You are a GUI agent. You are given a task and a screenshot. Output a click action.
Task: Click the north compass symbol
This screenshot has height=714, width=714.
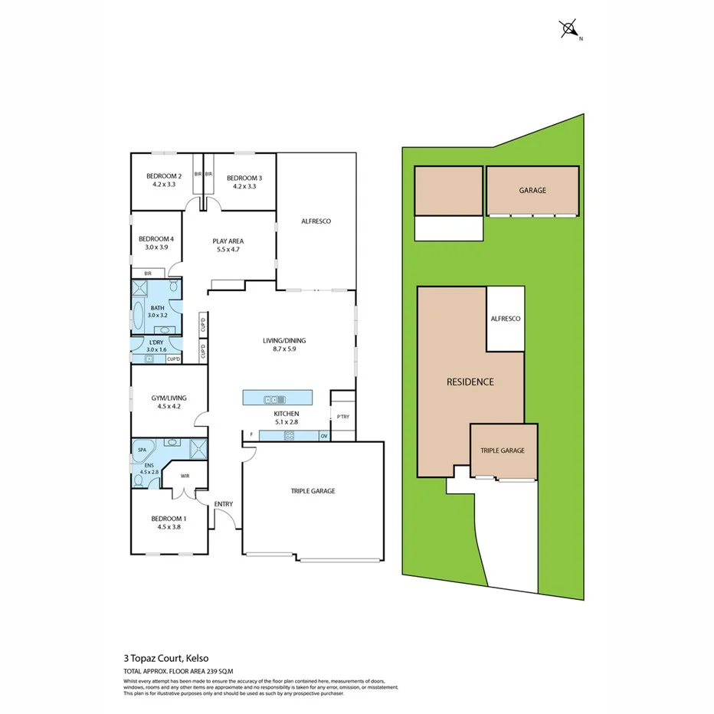569,30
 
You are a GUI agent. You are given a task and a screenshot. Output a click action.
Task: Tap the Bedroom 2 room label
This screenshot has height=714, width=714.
163,176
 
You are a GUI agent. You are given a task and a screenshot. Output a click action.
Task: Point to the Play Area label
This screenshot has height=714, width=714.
228,241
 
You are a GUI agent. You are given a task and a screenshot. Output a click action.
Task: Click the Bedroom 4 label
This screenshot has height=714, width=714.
156,238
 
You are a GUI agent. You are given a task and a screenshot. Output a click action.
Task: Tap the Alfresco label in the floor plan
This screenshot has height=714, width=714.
316,221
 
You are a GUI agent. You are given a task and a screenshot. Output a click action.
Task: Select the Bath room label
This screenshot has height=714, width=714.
156,308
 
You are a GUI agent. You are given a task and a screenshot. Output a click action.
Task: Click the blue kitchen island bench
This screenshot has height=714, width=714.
277,398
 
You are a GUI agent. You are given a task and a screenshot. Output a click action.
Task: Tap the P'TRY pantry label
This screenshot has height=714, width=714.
342,417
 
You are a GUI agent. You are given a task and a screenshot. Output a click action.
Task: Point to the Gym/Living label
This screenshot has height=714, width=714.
168,398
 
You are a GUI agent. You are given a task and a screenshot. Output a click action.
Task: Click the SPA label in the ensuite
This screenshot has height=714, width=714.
142,450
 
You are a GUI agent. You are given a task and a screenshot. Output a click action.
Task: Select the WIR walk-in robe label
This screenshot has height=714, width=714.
185,476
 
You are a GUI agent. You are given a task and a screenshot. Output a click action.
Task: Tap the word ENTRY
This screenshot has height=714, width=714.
224,503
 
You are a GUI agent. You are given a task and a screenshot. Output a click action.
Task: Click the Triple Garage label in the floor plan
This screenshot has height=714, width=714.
313,491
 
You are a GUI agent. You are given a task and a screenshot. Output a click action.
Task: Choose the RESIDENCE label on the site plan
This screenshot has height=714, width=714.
470,382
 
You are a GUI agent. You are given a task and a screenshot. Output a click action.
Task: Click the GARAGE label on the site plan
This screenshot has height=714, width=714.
532,190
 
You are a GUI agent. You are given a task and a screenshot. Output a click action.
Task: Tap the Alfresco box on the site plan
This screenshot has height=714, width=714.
505,318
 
